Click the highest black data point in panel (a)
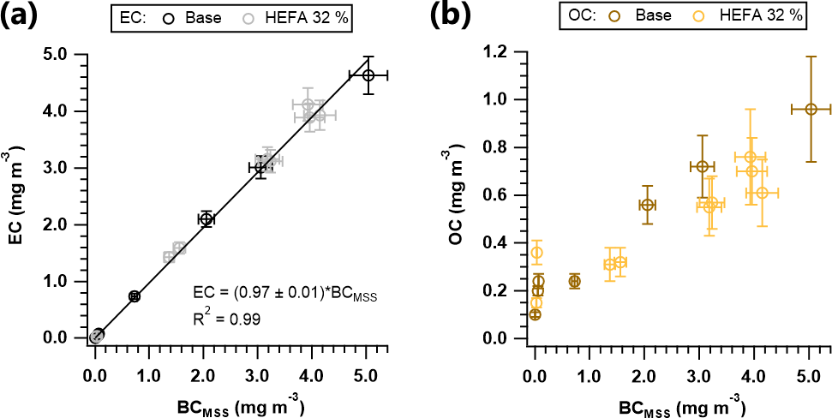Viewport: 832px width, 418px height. coord(368,75)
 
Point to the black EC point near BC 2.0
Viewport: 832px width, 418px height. coord(206,219)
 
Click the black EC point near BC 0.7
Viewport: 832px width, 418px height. coord(134,296)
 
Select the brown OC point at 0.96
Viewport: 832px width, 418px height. coord(811,109)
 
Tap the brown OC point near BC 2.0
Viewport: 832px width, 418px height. coord(648,205)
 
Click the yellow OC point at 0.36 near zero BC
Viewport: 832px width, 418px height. coord(537,253)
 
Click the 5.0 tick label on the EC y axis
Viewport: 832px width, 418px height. coord(65,54)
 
